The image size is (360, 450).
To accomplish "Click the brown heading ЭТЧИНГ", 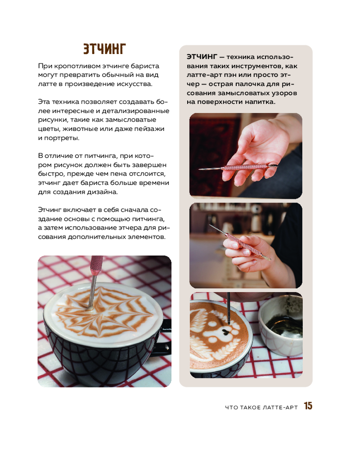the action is click(104, 49).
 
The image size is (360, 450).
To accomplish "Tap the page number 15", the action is click(308, 406).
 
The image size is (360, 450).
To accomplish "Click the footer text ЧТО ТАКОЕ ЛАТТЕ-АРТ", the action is click(261, 407).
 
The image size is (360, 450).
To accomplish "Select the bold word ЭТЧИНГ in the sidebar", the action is click(202, 57).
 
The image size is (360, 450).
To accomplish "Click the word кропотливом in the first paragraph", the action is click(76, 66).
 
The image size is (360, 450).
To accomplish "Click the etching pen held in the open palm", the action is click(238, 167).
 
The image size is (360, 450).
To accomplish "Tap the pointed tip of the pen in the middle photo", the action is click(210, 225).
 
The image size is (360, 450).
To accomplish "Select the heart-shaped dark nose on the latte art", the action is click(226, 333).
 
